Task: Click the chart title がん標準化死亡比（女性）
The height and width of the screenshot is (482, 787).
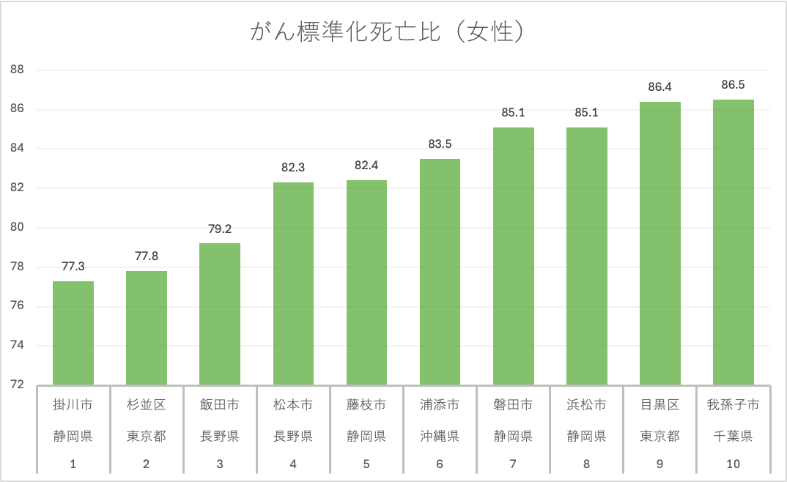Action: [x=388, y=33]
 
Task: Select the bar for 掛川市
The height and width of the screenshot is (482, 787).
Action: [x=73, y=333]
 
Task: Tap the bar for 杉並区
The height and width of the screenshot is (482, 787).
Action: [x=147, y=328]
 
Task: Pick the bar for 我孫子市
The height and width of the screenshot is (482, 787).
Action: [x=734, y=242]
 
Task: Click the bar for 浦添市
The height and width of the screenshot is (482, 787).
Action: [x=440, y=272]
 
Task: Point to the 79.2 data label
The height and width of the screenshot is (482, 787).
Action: [x=220, y=229]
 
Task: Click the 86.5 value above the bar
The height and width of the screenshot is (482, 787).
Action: [x=734, y=85]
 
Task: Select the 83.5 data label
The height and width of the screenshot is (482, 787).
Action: [x=440, y=144]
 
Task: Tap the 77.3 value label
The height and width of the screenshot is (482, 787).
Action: [x=73, y=267]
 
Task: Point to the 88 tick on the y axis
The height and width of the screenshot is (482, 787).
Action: [x=18, y=70]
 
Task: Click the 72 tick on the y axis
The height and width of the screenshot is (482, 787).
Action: [x=18, y=385]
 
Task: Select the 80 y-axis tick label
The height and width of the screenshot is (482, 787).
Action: [x=18, y=228]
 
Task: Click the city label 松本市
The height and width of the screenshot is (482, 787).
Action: [x=293, y=405]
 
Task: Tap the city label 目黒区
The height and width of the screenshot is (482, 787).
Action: [x=659, y=405]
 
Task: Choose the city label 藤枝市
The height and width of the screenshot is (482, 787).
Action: [x=366, y=405]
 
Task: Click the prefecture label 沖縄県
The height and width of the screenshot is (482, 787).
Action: [x=440, y=437]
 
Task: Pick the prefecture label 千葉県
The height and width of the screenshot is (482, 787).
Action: [x=734, y=437]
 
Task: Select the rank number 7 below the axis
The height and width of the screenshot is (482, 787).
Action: [x=513, y=464]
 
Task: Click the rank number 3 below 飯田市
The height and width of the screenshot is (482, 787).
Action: [x=220, y=464]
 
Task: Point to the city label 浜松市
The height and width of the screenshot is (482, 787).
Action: [x=586, y=405]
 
